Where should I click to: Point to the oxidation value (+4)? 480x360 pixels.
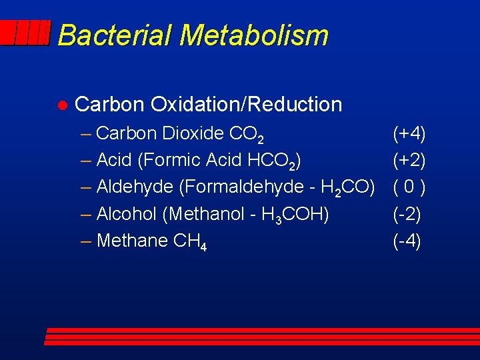[409, 134]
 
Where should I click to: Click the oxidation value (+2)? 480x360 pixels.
[409, 161]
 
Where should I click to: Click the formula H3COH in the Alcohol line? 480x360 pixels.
[293, 215]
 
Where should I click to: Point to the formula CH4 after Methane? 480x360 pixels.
[189, 241]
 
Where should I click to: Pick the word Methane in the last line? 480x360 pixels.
[132, 241]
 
